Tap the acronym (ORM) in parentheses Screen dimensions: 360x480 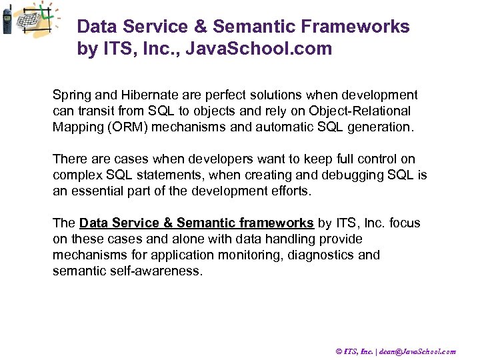click(125, 127)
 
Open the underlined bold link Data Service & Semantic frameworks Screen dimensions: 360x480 click(197, 223)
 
